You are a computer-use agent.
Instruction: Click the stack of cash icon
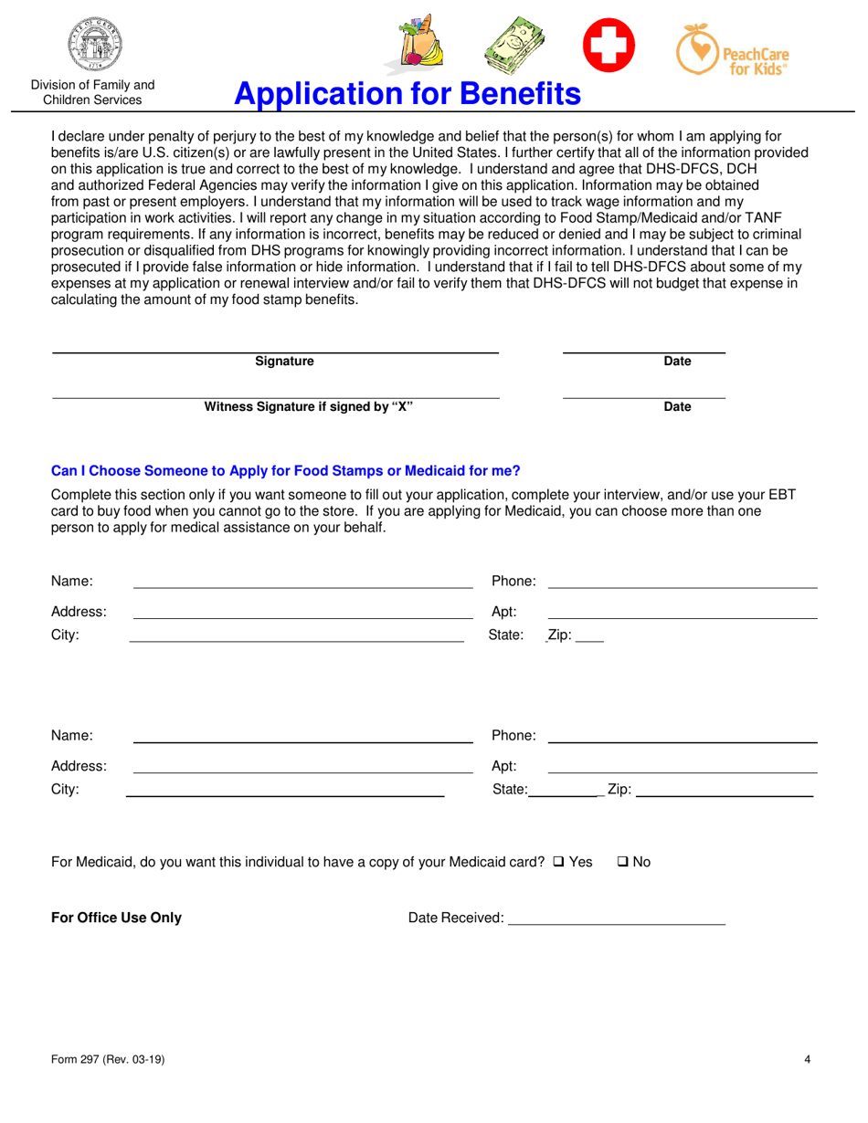click(513, 47)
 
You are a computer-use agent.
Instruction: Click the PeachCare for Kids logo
click(733, 51)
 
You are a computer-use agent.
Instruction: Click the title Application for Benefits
click(408, 93)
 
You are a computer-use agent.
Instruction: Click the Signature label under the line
click(284, 362)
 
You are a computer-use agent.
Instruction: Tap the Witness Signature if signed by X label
click(308, 406)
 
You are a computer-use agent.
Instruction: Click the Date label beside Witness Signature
click(677, 406)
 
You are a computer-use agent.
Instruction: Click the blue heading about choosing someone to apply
click(285, 471)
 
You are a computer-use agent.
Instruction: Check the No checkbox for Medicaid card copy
click(623, 862)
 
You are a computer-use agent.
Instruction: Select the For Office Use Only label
click(116, 918)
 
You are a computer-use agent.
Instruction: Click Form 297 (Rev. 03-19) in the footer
click(108, 1060)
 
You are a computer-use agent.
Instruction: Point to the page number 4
click(808, 1060)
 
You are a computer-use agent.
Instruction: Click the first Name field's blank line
click(302, 587)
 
